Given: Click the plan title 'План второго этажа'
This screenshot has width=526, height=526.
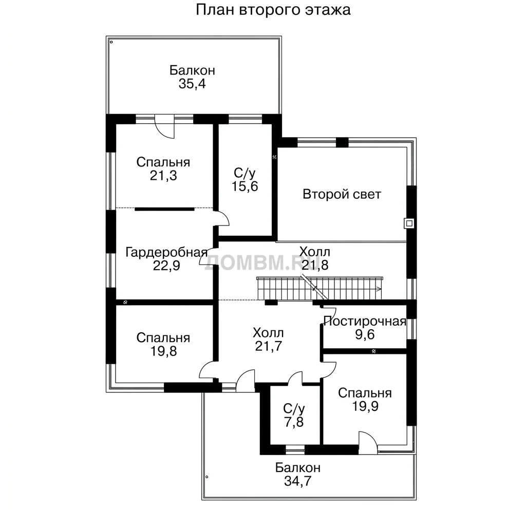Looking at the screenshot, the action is click(x=273, y=10).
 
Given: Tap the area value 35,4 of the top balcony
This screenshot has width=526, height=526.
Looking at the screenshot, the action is click(x=192, y=84).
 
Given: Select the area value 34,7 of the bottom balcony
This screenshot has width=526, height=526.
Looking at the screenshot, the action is click(x=298, y=481).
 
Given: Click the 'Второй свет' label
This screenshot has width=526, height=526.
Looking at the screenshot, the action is click(x=342, y=194).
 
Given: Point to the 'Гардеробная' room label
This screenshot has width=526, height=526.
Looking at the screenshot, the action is click(x=166, y=252).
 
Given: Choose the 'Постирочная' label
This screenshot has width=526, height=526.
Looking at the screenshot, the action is click(x=365, y=321).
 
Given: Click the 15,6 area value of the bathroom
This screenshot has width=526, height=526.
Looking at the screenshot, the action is click(x=245, y=186).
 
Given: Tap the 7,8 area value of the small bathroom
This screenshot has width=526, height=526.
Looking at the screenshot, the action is click(x=294, y=422).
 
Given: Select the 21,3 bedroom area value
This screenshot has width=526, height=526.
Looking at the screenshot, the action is click(x=163, y=176).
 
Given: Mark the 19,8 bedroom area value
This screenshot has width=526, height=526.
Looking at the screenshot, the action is click(x=163, y=351).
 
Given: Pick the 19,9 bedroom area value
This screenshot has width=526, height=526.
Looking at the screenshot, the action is click(x=365, y=406).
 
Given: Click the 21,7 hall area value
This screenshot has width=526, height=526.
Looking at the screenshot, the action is click(x=268, y=346).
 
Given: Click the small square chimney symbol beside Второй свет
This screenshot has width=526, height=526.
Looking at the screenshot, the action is click(x=409, y=223).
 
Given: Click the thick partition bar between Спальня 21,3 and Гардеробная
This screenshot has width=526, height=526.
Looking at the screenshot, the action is click(x=164, y=210).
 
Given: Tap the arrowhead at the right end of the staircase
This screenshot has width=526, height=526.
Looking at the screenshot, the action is click(x=379, y=289).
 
